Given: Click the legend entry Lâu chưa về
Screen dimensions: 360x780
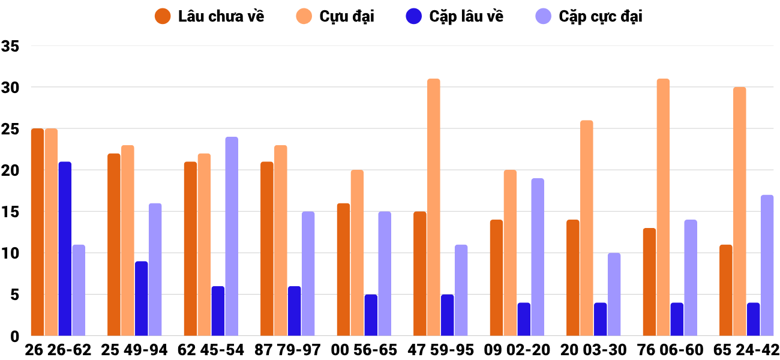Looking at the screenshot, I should pos(209,16).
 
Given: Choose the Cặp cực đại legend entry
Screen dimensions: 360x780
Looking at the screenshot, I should pos(589,16).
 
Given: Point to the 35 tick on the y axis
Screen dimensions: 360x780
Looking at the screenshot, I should pos(11,46).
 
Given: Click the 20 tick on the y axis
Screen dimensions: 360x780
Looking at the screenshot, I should pos(11,170).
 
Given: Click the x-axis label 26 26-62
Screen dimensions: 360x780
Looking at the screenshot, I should pos(58,350).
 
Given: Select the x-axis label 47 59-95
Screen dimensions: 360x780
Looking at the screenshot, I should pos(441,350).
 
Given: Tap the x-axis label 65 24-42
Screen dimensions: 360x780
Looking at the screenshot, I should pos(746,350).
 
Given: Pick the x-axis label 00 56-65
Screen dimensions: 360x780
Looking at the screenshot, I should pos(364,350).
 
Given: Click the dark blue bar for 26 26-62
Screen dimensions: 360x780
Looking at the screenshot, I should pos(65,248).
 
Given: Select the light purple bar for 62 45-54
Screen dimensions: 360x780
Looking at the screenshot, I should pos(232,236).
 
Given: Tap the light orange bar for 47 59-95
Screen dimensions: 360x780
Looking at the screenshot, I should pos(434,207).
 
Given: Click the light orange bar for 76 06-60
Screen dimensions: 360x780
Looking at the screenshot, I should pos(663,207).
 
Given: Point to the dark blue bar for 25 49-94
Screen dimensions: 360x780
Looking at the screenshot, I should pos(141,298).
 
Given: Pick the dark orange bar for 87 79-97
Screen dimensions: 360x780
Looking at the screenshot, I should pos(267,248).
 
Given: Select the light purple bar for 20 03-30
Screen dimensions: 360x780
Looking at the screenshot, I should pos(614,294).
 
